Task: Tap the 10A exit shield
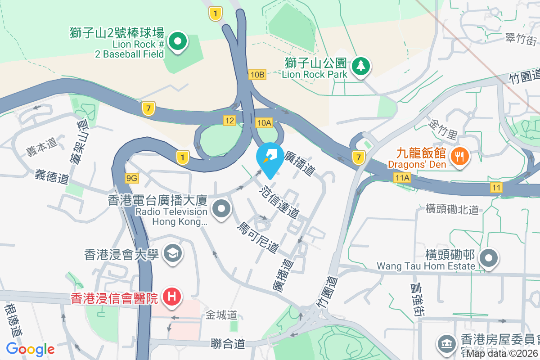tap(264, 122)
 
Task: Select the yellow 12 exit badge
tap(229, 120)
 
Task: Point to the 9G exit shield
tap(132, 178)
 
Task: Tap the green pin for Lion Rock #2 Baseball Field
tap(178, 42)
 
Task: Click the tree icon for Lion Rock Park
tap(360, 66)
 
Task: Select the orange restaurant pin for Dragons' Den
tap(459, 157)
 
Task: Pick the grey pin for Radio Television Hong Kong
tap(221, 209)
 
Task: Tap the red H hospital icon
tap(172, 297)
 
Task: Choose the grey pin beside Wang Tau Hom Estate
tap(488, 258)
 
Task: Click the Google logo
tap(30, 349)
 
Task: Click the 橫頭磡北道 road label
tap(452, 209)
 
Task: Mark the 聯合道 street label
tap(228, 344)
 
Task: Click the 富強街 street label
tap(415, 299)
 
